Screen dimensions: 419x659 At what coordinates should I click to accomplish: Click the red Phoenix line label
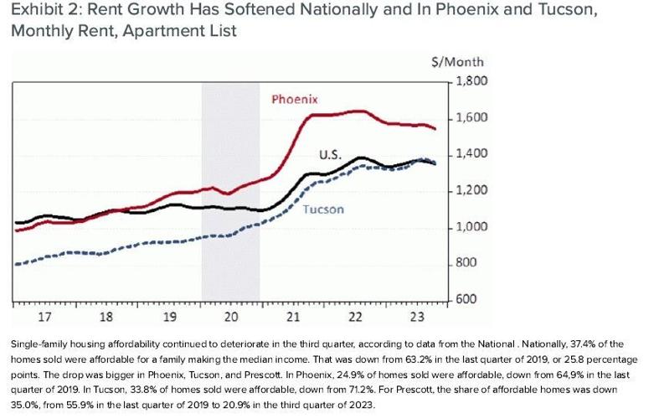(x=295, y=100)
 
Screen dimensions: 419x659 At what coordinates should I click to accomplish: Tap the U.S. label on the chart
(x=329, y=155)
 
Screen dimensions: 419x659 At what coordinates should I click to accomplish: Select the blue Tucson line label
(x=323, y=209)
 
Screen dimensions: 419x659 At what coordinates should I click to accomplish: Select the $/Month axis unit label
(x=462, y=63)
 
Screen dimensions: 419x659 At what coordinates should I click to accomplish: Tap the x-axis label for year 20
(x=231, y=318)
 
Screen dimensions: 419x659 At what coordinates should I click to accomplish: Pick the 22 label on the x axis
(x=355, y=318)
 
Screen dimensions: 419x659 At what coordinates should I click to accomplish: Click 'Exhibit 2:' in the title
(x=39, y=12)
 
